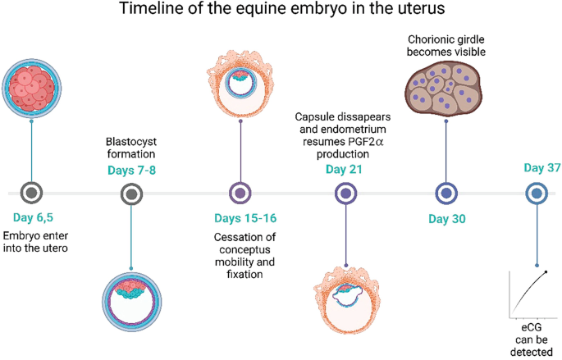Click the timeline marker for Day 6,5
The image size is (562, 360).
[31, 194]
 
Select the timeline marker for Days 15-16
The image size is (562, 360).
[240, 194]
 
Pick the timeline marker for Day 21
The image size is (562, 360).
[345, 194]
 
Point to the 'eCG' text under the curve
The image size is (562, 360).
[532, 326]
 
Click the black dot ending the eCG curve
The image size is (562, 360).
[546, 272]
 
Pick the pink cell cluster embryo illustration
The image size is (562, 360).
[32, 86]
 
